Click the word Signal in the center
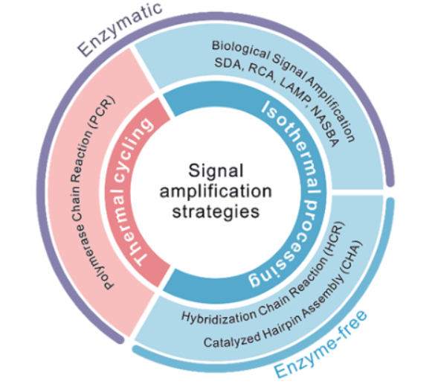click(216, 171)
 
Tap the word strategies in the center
click(216, 212)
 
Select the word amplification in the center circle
click(216, 191)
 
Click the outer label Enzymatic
click(120, 29)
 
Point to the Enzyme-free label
click(321, 345)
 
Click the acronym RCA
click(260, 72)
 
